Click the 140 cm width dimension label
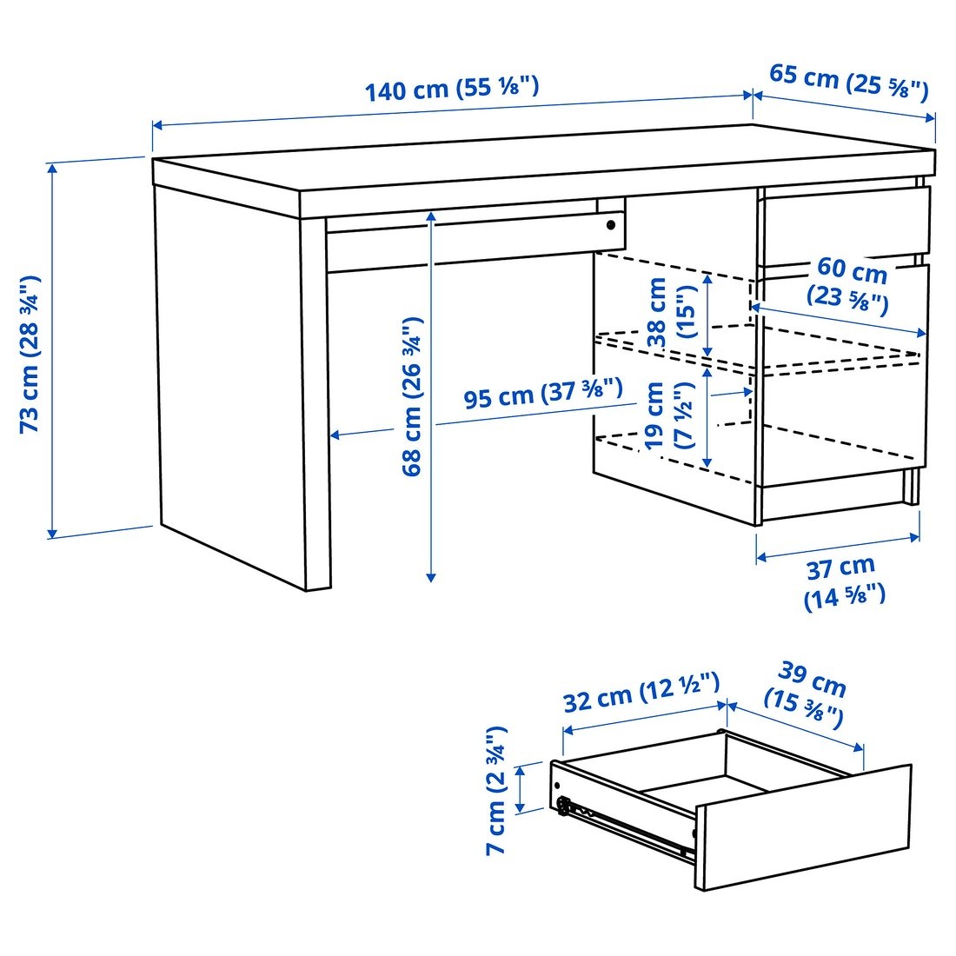451,89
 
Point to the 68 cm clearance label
412,395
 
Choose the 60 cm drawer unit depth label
850,284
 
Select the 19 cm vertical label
669,415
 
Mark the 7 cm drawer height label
495,790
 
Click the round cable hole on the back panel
611,225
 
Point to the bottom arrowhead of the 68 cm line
430,575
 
